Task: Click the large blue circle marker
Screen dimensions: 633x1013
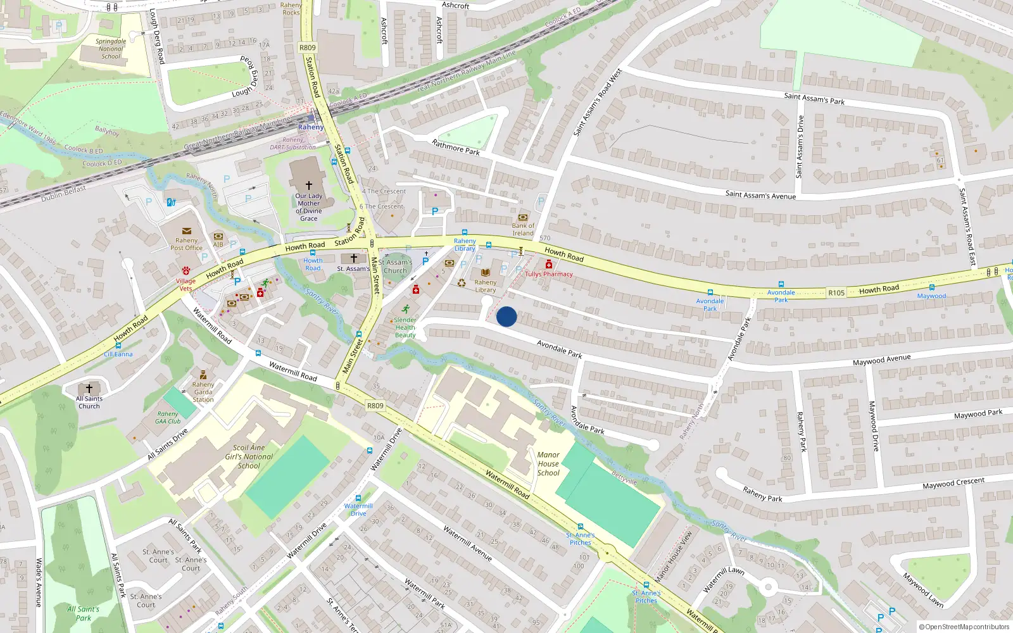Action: (x=507, y=316)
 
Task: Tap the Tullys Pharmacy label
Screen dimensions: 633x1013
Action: (x=548, y=274)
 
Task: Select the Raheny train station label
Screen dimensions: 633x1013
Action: (x=311, y=127)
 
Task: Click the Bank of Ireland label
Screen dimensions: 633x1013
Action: (x=523, y=229)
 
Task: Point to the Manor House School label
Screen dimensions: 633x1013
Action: (x=548, y=463)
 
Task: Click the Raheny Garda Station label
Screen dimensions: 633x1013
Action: (x=203, y=392)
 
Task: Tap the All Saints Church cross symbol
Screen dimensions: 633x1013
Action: (x=89, y=388)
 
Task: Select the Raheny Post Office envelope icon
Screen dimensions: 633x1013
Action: (x=186, y=231)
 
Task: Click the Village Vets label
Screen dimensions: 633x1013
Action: (x=186, y=284)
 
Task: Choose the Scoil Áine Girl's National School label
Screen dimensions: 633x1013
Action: (x=249, y=456)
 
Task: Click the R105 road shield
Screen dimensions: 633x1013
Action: (x=836, y=292)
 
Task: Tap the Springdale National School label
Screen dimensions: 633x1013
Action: (x=111, y=49)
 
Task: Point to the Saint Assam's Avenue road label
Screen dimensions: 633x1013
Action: (x=760, y=195)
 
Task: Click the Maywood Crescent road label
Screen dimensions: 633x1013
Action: (x=953, y=483)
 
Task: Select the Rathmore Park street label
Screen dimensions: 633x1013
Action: (x=456, y=147)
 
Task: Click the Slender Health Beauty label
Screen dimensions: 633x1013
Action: (x=405, y=327)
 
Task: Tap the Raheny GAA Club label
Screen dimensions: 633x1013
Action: (x=168, y=418)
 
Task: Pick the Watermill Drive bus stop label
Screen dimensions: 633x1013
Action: (x=358, y=510)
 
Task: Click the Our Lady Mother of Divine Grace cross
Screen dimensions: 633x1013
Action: (x=309, y=185)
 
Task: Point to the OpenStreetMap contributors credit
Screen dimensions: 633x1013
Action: (x=964, y=627)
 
